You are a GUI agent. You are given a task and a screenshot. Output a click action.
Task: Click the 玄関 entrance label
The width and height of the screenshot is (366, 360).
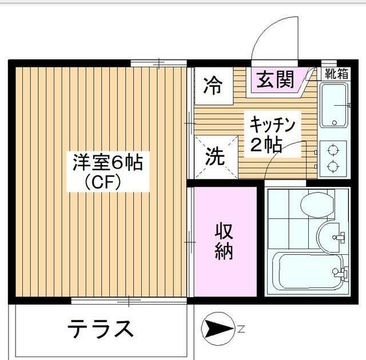(x=274, y=79)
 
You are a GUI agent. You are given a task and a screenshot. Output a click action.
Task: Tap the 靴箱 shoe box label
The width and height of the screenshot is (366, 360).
(x=336, y=73)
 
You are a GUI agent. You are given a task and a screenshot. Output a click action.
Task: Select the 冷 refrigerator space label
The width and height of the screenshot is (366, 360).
(x=213, y=86)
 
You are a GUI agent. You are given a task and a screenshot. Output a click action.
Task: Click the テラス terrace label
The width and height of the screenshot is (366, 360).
(x=101, y=329)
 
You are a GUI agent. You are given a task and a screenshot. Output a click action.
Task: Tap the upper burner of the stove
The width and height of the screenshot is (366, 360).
(x=332, y=150)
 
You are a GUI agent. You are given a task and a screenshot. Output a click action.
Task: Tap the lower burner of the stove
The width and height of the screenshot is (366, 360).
(x=332, y=167)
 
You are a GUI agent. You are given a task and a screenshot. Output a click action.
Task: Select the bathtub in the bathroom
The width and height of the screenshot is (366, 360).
(x=309, y=271)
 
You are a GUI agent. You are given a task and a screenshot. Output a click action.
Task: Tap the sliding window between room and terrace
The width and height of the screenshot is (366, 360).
(x=130, y=300)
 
